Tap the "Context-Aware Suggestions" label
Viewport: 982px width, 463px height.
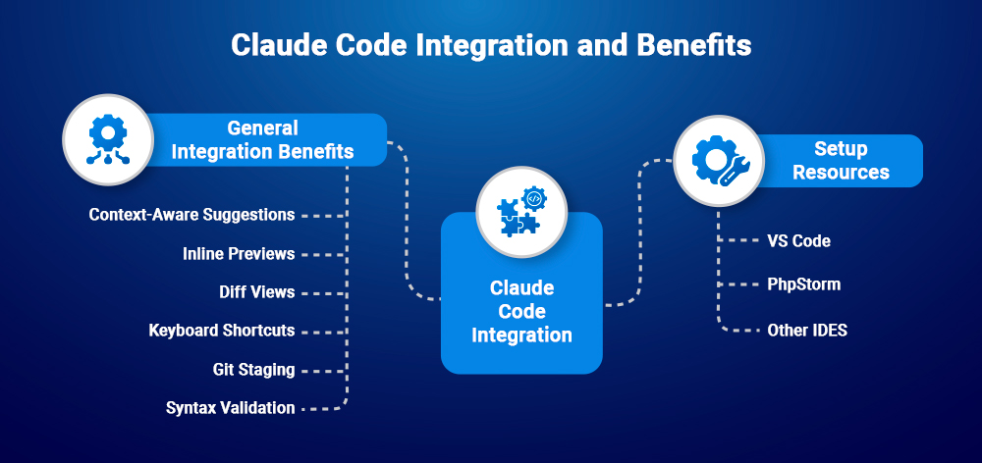tap(191, 214)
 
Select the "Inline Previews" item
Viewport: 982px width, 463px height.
tap(239, 253)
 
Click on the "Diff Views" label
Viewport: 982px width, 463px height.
tap(256, 292)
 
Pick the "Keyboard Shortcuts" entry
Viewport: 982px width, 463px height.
tap(221, 331)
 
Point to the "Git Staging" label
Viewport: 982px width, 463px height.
tap(253, 370)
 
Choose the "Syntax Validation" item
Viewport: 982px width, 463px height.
tap(230, 408)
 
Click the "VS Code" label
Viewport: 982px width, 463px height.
tap(798, 240)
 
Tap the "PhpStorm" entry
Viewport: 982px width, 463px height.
tap(803, 284)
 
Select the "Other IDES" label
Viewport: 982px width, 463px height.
tap(806, 330)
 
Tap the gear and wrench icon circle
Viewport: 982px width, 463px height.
tap(718, 160)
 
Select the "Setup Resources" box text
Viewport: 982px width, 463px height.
tap(841, 161)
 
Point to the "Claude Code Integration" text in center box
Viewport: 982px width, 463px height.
tap(521, 312)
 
